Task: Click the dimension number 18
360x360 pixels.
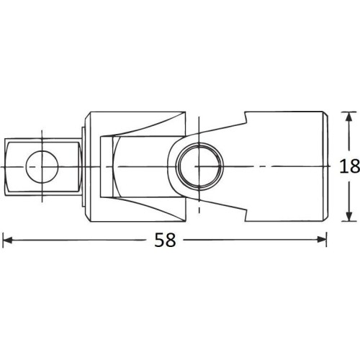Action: point(349,166)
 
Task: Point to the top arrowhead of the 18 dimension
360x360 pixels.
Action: point(349,116)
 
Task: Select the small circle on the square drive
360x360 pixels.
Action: point(41,166)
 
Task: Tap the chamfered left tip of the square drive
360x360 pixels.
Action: point(6,166)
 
